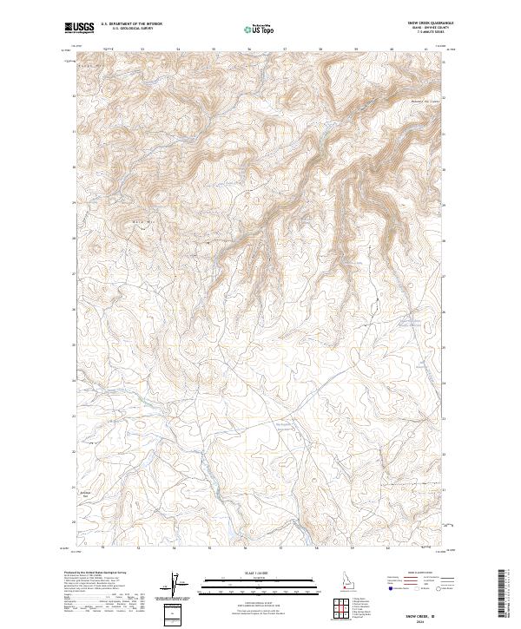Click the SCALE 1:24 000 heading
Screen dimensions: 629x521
point(260,571)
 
